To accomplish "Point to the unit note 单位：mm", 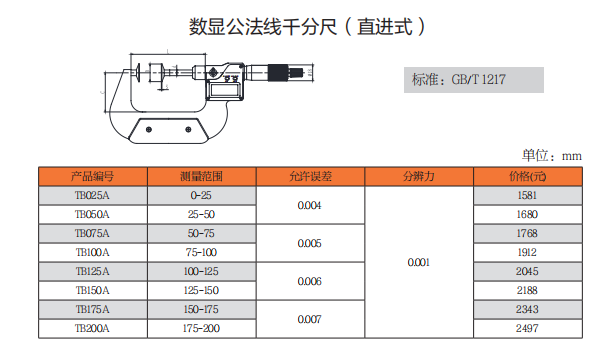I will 551,155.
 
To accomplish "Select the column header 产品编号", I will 92,176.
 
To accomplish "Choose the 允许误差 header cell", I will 309,176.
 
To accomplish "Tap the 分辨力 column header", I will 418,176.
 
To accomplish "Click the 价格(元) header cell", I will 526,176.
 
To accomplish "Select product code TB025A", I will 92,196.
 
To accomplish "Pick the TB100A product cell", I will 92,252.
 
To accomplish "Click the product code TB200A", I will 92,328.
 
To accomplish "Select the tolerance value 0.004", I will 309,205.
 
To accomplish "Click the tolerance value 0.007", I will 309,319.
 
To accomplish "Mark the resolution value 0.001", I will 418,262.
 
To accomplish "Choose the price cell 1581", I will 526,196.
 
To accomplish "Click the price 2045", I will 526,271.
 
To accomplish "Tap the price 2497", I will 526,328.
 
